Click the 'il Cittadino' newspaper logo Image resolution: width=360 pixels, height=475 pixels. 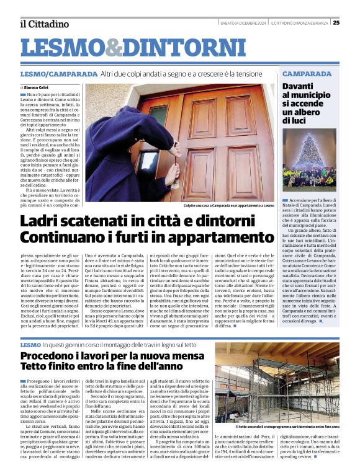tap(43, 24)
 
